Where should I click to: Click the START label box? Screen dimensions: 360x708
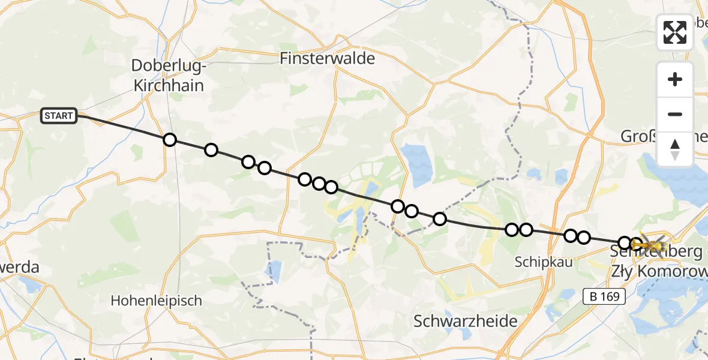59,116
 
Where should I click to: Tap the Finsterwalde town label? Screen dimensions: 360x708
328,59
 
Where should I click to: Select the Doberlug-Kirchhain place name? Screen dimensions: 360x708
169,76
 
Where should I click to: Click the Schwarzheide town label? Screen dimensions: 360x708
466,321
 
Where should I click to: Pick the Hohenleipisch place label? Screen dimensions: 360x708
157,301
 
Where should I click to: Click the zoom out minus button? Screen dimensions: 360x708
675,114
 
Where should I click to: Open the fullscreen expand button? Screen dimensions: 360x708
675,32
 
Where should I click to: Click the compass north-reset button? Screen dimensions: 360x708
675,149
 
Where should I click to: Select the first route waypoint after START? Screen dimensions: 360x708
170,140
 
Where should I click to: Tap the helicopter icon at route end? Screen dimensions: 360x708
651,245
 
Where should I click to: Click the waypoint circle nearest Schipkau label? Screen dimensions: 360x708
526,229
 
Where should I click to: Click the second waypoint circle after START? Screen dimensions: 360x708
211,150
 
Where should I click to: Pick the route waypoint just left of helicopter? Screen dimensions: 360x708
636,244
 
